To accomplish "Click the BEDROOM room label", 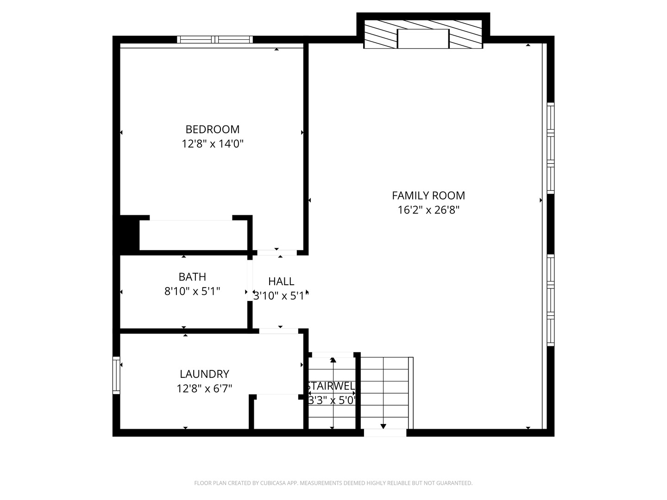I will (213, 129).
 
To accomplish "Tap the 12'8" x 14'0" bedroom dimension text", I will (213, 144).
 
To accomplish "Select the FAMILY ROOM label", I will (428, 195).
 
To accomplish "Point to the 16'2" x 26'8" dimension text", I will (428, 210).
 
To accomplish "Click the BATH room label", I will (192, 277).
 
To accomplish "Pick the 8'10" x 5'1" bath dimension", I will (192, 291).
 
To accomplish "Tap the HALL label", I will (281, 281).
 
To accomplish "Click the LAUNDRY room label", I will (204, 374).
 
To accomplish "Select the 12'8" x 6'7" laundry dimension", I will (204, 388).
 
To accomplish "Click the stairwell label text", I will (332, 386).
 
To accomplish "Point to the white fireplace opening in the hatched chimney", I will (423, 38).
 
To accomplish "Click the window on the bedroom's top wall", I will (215, 39).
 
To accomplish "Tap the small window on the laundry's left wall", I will (116, 375).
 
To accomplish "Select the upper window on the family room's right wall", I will (550, 148).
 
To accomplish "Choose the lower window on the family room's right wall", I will (550, 300).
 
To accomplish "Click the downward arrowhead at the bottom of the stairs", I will (383, 426).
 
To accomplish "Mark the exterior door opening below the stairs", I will (385, 433).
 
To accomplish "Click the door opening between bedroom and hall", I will (277, 253).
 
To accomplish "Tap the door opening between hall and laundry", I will (278, 331).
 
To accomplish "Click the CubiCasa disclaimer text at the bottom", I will (333, 483).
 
